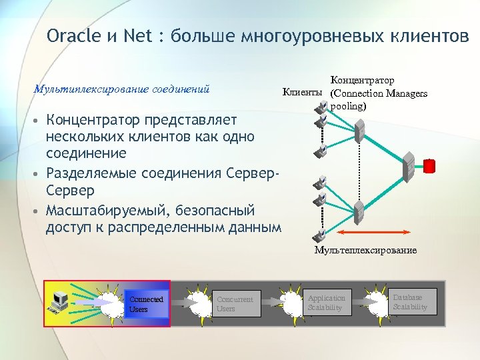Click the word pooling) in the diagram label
pos(349,106)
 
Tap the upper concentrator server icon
pos(361,131)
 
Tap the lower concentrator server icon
pos(360,212)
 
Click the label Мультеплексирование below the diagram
pos(365,250)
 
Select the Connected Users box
pos(147,304)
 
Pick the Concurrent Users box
pos(235,304)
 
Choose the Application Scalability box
pos(327,302)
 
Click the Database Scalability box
pos(411,301)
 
